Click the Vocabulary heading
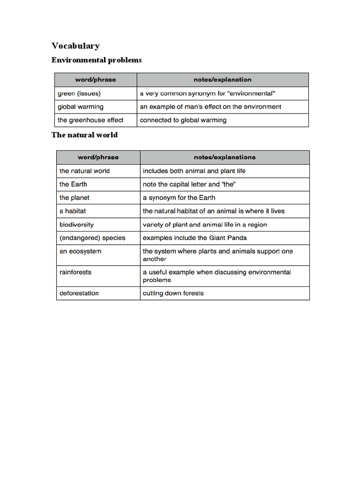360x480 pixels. tap(75, 45)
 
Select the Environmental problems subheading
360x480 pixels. tap(97, 60)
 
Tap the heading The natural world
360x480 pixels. tap(84, 135)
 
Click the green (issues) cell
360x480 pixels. tap(79, 93)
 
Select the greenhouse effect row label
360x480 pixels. tap(90, 120)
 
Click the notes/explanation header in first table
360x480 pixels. tap(222, 80)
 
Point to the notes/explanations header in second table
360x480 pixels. tap(225, 157)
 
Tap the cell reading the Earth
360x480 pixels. tap(73, 184)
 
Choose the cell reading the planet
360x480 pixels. tap(75, 197)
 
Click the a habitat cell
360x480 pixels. tap(73, 211)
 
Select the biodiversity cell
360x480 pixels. tap(76, 225)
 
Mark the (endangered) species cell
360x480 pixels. tap(92, 238)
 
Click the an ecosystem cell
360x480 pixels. tap(80, 251)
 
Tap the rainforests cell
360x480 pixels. tap(75, 272)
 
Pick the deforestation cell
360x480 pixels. tap(79, 293)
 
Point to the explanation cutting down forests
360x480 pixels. tap(173, 293)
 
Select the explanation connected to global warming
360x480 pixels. tap(183, 120)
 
